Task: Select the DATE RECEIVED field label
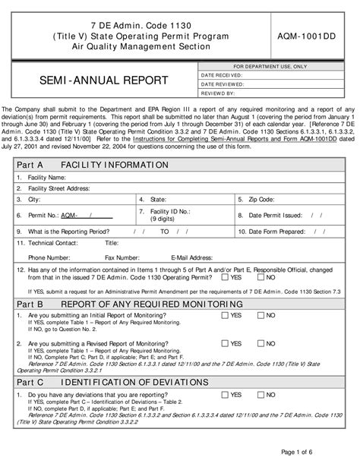223,76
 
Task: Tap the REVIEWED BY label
218,94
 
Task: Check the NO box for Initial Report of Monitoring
261,315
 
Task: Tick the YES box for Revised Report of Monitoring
226,343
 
